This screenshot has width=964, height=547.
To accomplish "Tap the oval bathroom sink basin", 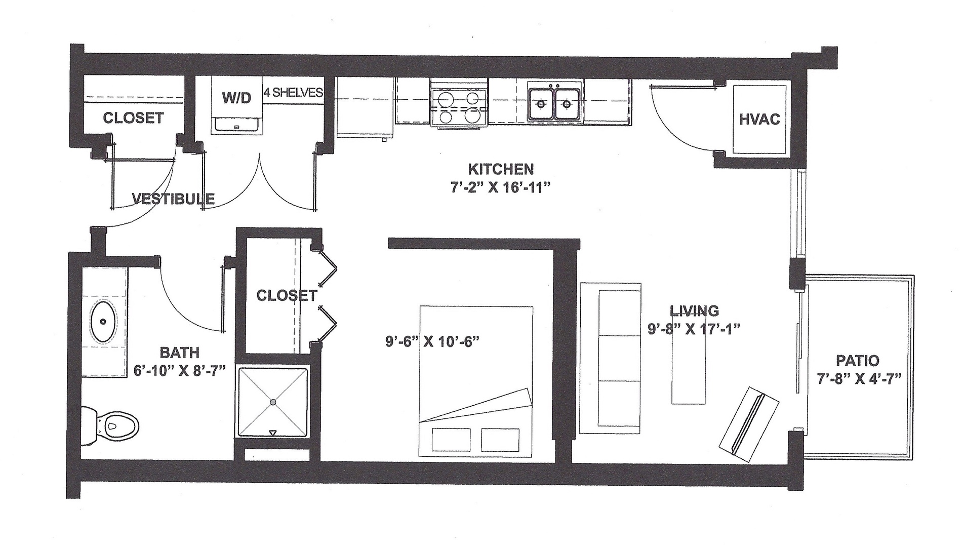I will pos(104,321).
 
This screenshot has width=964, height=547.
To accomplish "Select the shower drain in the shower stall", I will pos(273,402).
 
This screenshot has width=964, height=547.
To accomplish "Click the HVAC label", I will pos(759,120).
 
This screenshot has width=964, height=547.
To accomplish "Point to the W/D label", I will pos(236,98).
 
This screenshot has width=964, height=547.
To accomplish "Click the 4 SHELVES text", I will pos(293,93).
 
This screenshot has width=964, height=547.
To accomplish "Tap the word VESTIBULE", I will pos(173,199).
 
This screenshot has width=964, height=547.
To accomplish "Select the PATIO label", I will pos(857,361).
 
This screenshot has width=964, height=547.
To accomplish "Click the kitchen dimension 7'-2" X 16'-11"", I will pos(500,187).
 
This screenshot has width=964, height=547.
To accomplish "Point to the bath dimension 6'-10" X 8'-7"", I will pos(179,370).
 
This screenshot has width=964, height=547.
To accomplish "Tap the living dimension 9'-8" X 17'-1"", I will pos(694,328).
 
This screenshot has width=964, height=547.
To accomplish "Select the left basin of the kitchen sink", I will pos(541,104).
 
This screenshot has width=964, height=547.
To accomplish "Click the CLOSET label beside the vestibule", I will pos(133,118).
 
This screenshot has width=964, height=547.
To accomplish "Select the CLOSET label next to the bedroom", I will pos(287,295).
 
